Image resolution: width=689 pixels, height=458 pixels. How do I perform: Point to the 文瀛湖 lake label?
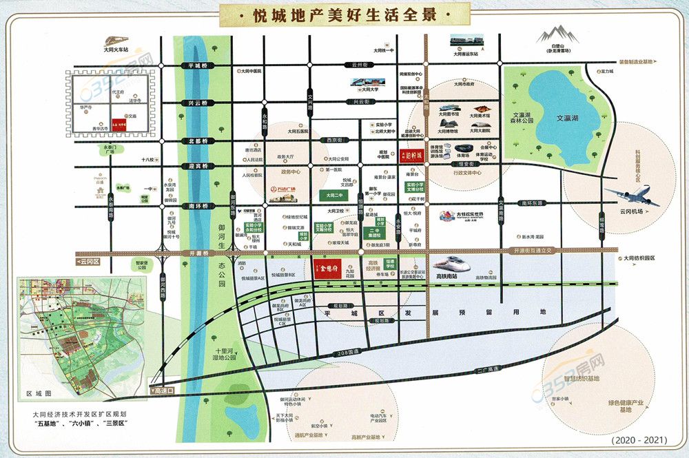(570, 118)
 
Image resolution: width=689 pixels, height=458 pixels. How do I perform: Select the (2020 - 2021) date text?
(634, 438)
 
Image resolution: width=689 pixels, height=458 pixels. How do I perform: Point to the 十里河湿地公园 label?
(222, 354)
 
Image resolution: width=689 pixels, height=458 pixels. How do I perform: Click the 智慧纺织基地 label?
(580, 379)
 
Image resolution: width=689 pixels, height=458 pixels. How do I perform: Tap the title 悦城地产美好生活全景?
(344, 13)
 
